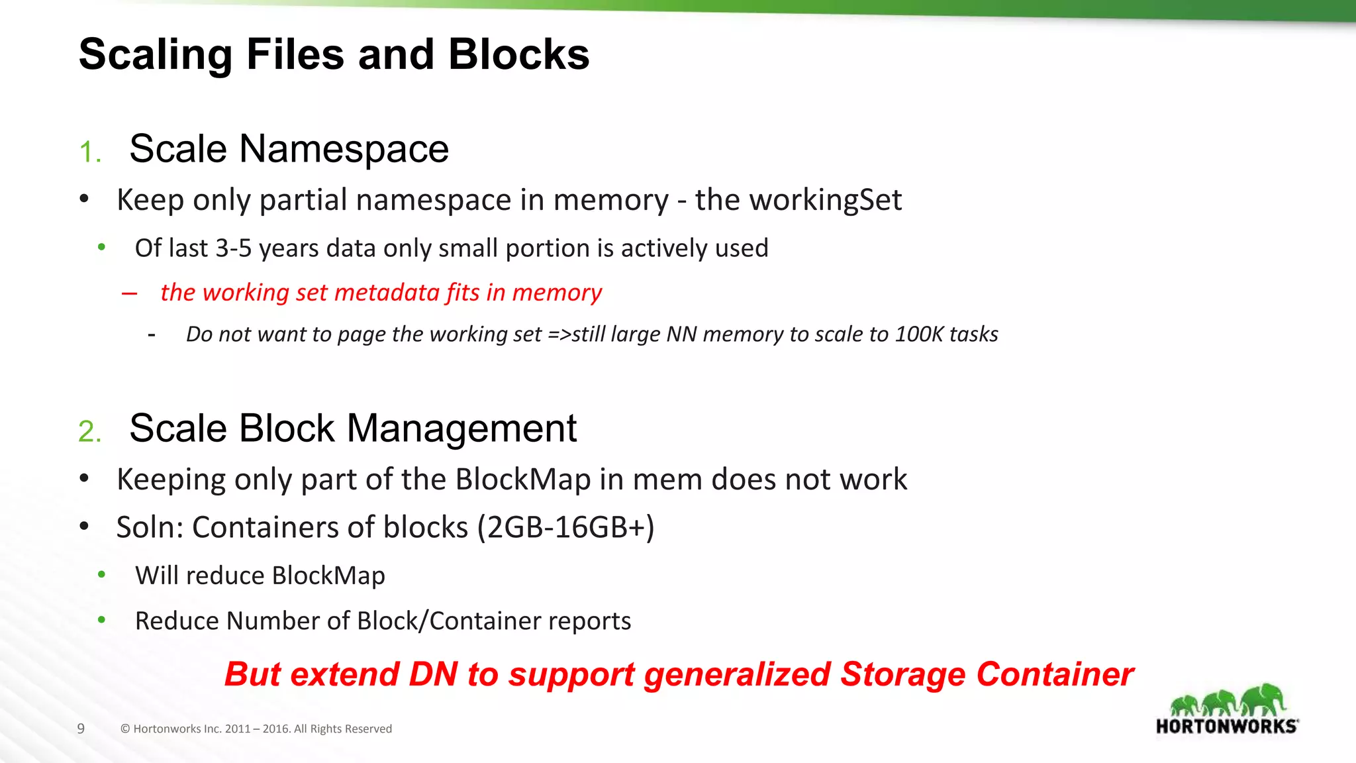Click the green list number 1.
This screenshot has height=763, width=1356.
[x=89, y=152]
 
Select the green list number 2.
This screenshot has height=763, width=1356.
[x=89, y=432]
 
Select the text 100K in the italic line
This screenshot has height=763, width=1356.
[x=918, y=334]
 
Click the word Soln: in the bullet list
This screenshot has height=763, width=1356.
[x=150, y=528]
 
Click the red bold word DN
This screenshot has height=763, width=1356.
[x=433, y=674]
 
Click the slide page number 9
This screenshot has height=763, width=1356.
[x=81, y=729]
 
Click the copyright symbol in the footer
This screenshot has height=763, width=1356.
[x=124, y=729]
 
